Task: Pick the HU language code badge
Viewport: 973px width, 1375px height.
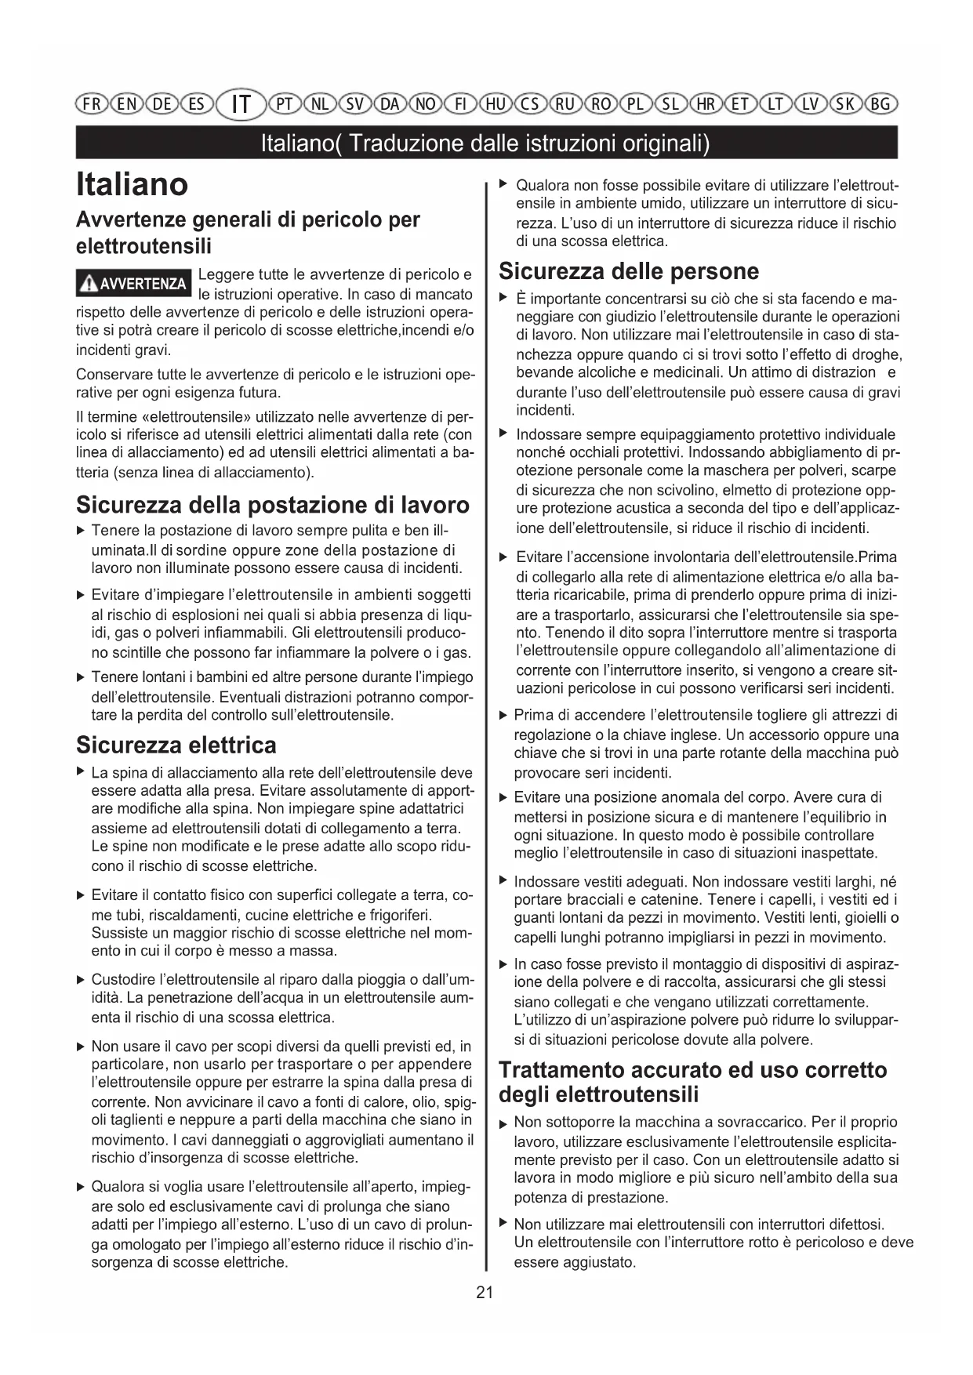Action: [496, 103]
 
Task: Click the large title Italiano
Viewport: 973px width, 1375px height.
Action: [133, 184]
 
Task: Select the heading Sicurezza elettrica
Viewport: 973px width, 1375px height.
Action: [176, 744]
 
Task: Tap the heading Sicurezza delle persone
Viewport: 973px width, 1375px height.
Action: [629, 271]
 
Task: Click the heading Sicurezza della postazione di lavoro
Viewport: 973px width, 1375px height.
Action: [273, 504]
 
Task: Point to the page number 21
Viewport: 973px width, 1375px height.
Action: [485, 1293]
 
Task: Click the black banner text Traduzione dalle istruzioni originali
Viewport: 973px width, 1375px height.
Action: [486, 143]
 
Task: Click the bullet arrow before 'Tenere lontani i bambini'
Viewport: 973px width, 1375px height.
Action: [81, 677]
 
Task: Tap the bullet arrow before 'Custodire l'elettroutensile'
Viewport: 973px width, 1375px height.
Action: [81, 980]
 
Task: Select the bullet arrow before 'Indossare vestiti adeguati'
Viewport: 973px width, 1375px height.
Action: [503, 882]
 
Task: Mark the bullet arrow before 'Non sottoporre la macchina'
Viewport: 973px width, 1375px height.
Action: [503, 1124]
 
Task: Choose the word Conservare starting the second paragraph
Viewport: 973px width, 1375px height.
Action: [109, 374]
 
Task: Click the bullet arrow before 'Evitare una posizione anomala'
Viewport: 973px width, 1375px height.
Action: [503, 798]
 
